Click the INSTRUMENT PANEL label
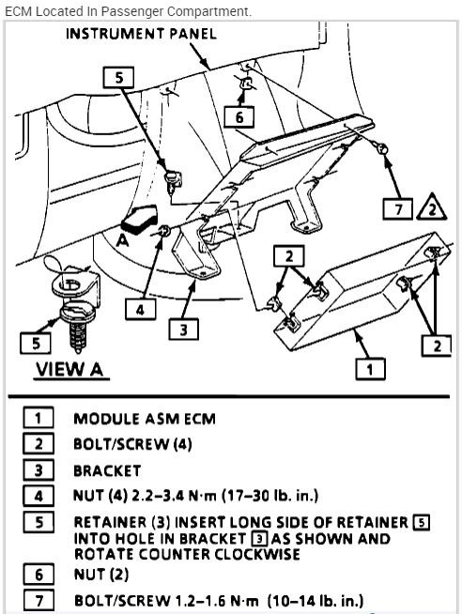pos(141,34)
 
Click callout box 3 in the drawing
pos(182,329)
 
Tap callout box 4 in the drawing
pos(140,307)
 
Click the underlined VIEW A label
pos(68,369)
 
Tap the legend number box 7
pos(38,600)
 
